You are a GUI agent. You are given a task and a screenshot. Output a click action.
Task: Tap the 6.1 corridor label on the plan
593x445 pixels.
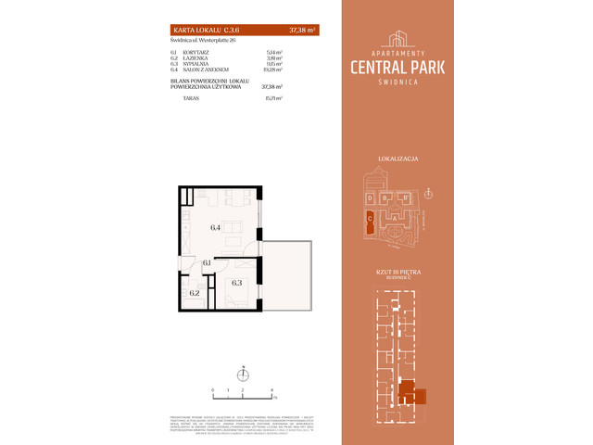click(208, 263)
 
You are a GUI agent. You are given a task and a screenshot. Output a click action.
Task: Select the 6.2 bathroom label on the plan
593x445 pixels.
click(195, 292)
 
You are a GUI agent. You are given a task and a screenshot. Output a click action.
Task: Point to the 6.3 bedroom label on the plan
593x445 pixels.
click(236, 283)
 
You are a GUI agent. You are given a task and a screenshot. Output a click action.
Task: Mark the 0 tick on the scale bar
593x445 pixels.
click(213, 392)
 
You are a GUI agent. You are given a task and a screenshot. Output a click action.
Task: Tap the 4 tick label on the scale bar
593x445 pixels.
click(271, 392)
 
